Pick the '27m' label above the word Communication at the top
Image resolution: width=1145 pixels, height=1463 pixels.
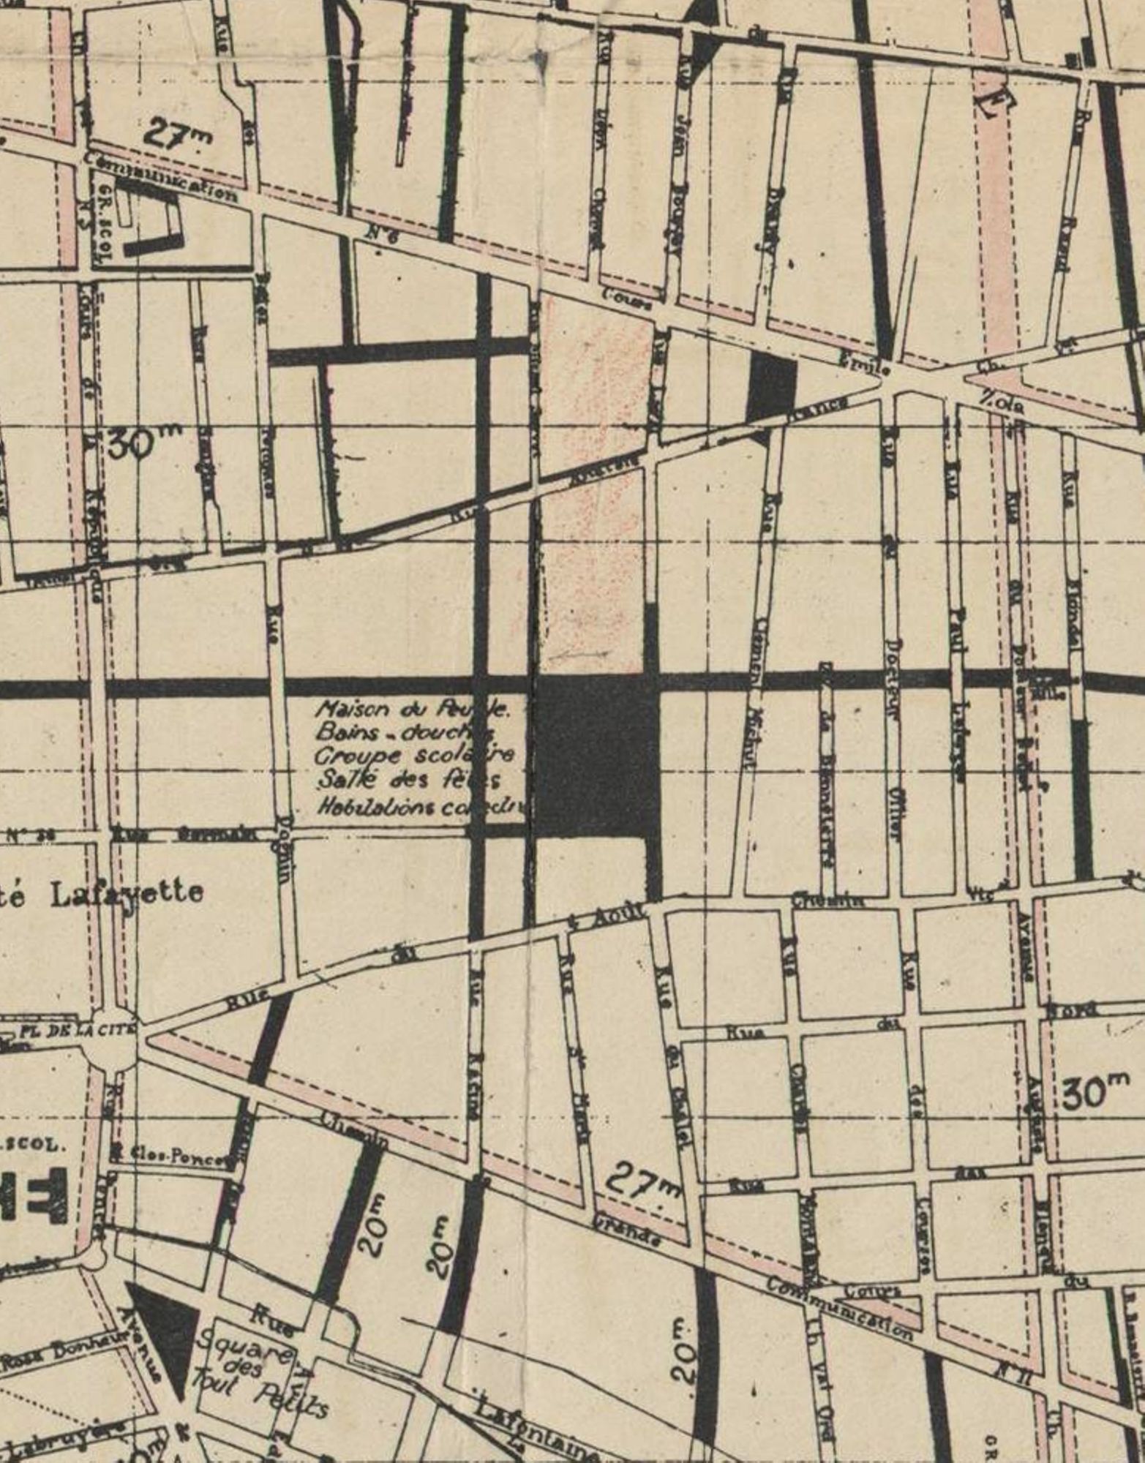pos(177,133)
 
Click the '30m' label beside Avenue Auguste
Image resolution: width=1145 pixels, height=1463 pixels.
pos(1095,1094)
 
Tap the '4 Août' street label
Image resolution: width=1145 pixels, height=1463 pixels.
pos(607,918)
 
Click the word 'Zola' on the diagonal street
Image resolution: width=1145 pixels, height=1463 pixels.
pos(1002,402)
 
